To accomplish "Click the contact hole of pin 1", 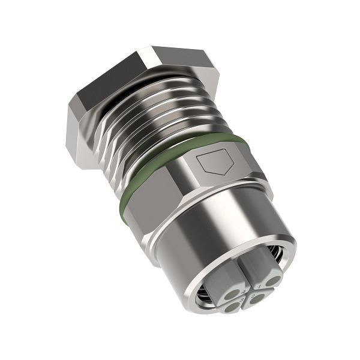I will [x=273, y=281].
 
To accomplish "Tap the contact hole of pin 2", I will [x=257, y=298].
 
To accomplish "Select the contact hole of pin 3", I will [x=232, y=307].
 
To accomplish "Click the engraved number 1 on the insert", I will [x=259, y=287].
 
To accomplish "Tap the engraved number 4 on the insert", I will [x=244, y=292].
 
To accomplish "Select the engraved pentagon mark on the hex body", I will [x=214, y=161].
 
